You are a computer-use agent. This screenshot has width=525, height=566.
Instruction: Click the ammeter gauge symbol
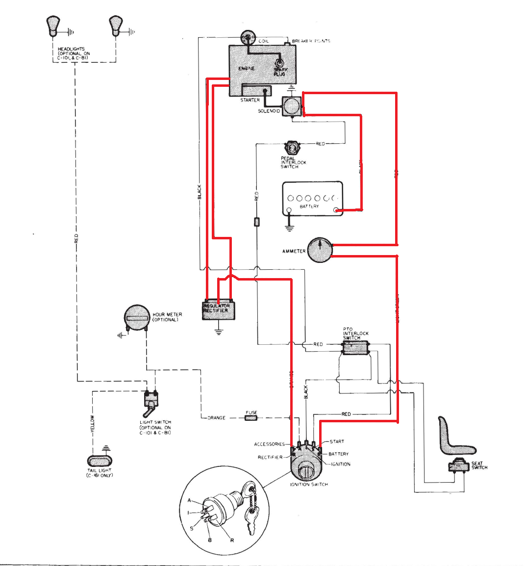click(320, 250)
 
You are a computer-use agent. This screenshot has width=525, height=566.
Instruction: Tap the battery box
click(312, 199)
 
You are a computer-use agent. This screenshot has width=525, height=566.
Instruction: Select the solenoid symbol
click(292, 106)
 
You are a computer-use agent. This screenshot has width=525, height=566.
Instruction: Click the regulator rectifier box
click(219, 310)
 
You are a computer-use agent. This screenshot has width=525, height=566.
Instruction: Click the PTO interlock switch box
click(355, 348)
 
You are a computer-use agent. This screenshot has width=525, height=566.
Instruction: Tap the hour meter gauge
click(136, 318)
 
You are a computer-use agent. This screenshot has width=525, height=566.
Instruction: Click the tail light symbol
click(100, 461)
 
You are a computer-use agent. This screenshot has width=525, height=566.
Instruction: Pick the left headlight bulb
click(52, 26)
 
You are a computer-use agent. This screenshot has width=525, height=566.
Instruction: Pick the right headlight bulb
click(115, 26)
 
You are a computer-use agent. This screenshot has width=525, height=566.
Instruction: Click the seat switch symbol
click(459, 465)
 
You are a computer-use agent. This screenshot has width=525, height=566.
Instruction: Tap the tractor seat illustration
click(453, 437)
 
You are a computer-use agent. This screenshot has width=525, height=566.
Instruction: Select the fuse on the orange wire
click(251, 418)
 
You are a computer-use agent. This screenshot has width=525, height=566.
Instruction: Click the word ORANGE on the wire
click(216, 418)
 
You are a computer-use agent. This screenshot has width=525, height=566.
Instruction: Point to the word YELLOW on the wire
click(92, 424)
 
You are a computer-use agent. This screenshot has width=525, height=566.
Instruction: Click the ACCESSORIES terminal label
click(269, 444)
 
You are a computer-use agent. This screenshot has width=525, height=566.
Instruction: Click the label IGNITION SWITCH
click(309, 485)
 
